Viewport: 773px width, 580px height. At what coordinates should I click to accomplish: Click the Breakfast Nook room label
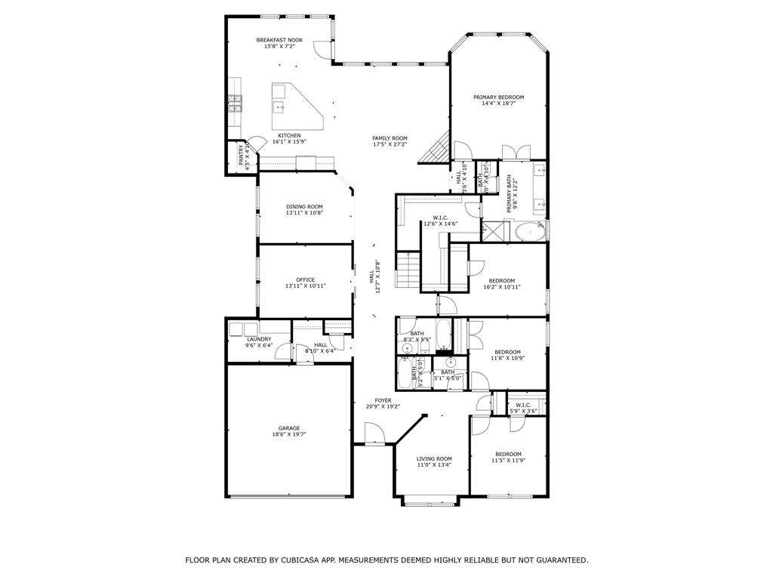coord(279,40)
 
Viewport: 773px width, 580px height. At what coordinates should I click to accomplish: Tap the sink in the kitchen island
coord(279,107)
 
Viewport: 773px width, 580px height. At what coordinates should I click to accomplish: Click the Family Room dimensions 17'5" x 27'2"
coord(390,143)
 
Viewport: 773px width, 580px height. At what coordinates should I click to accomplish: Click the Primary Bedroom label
coord(498,97)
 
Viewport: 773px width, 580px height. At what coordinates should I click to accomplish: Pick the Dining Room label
coord(304,207)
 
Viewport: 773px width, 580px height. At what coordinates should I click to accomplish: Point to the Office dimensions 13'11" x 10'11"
coord(305,286)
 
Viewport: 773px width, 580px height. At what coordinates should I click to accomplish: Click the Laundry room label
coord(259,339)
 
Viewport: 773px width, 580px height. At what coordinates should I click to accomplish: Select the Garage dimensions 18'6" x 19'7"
coord(289,434)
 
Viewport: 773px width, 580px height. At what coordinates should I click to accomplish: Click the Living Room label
coord(434,458)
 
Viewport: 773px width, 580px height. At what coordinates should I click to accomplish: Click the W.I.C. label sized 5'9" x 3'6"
coord(523,405)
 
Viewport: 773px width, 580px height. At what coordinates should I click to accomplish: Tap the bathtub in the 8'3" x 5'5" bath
coord(443,334)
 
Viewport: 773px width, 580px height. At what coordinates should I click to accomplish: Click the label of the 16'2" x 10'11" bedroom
coord(502,281)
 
